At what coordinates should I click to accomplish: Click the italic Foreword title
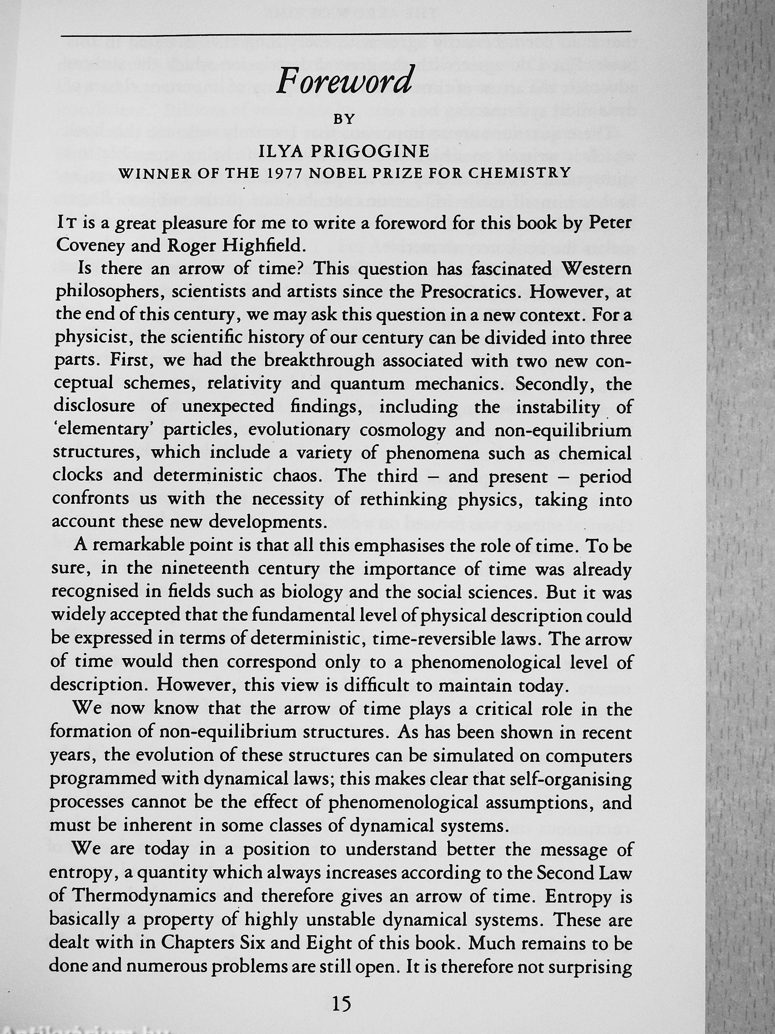point(344,81)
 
